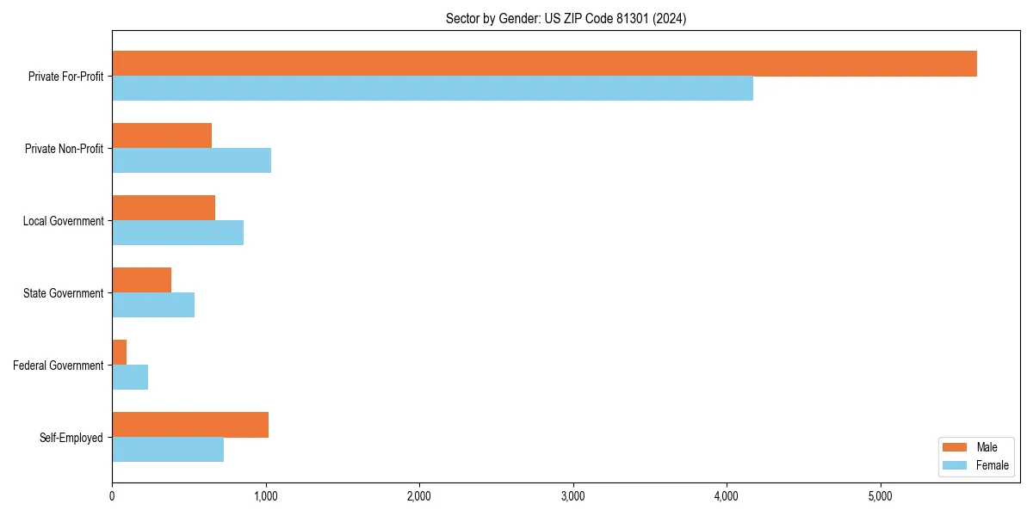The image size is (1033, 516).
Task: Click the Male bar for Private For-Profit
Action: (x=544, y=64)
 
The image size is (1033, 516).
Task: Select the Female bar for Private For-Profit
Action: (x=432, y=89)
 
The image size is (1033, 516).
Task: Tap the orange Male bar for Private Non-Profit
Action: (x=162, y=136)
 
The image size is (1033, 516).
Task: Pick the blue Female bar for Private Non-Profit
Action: (x=191, y=161)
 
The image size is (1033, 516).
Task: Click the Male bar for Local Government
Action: (x=164, y=208)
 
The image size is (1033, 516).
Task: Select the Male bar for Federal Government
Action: (x=120, y=353)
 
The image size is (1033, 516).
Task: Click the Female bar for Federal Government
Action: (x=130, y=378)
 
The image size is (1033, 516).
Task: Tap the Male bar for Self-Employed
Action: (x=190, y=425)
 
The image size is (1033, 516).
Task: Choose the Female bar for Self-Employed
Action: (x=168, y=450)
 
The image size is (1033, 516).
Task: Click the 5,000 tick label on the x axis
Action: (x=880, y=496)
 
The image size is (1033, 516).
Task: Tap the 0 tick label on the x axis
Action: (x=112, y=496)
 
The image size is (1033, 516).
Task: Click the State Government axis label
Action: (x=63, y=293)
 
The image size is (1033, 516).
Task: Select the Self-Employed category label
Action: (x=71, y=438)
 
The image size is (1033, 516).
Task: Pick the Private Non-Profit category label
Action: (x=64, y=149)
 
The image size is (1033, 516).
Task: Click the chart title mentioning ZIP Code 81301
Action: (x=566, y=18)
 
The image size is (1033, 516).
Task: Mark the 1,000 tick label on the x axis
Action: (x=265, y=496)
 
